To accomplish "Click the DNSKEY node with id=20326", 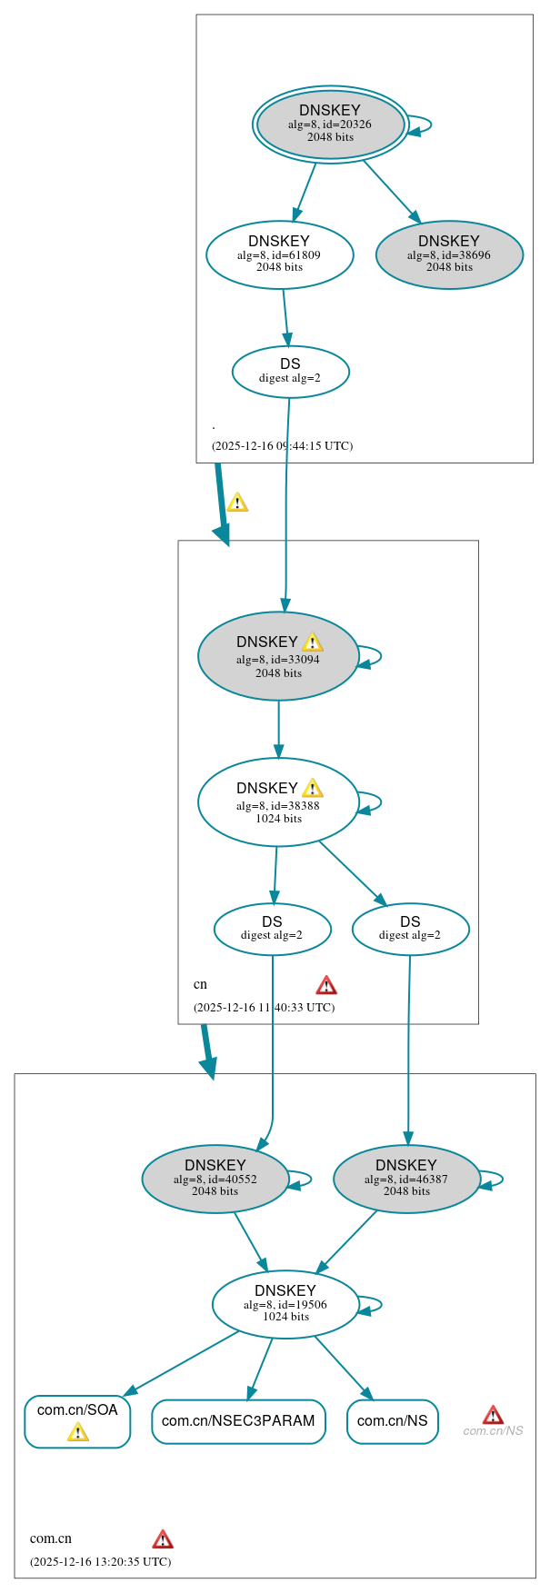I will click(x=330, y=124).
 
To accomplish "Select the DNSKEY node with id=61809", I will click(x=279, y=254).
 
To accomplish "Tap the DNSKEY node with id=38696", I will click(x=449, y=254).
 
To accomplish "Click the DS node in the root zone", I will click(x=290, y=371).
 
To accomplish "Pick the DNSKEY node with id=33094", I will click(x=278, y=656).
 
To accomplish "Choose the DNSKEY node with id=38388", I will click(x=278, y=801).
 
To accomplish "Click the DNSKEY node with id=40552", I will click(x=215, y=1179).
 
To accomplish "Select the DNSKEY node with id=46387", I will click(x=406, y=1179).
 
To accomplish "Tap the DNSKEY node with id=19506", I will click(x=285, y=1304).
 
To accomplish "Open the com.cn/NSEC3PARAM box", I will click(x=238, y=1420).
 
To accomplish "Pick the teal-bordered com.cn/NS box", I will click(x=392, y=1420).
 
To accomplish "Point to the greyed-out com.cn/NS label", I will click(x=493, y=1431).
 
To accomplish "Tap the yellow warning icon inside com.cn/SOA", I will click(x=78, y=1432).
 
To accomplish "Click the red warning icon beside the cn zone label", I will click(x=326, y=985).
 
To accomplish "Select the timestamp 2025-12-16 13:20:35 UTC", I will click(x=100, y=1561).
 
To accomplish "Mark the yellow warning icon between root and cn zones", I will click(x=237, y=502).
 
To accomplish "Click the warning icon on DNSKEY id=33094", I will click(x=312, y=642).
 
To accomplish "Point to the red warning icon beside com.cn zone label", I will click(x=163, y=1538).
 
